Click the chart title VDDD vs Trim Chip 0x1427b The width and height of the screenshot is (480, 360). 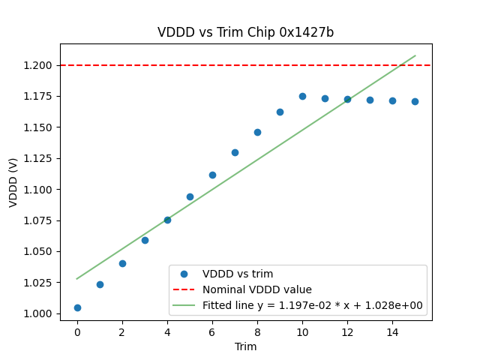point(245,32)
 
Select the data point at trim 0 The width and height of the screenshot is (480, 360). point(77,307)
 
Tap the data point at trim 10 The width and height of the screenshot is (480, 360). point(302,96)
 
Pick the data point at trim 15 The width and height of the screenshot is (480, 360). point(415,101)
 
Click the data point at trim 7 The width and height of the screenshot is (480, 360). point(235,152)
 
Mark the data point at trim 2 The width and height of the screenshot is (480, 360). point(122,263)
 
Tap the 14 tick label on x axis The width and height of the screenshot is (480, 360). point(392,332)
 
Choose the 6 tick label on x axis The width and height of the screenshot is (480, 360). point(212,332)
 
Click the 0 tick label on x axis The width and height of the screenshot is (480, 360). point(77,332)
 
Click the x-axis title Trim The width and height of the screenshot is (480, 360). point(245,346)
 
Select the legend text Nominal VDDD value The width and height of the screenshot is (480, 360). point(257,289)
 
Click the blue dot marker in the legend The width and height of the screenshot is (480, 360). point(184,274)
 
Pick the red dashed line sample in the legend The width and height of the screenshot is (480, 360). point(184,289)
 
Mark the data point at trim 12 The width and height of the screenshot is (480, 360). point(347,99)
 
